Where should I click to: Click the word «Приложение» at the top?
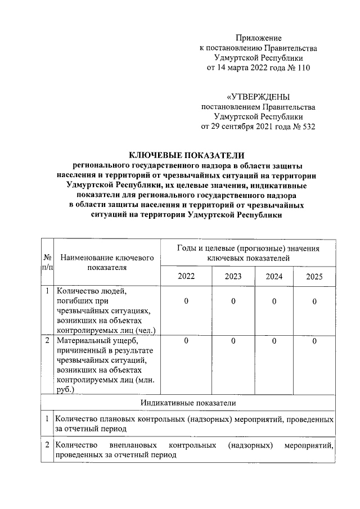click(258, 38)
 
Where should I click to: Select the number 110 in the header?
click(301, 68)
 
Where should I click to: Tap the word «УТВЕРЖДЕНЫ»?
click(258, 96)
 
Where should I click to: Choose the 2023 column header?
click(233, 276)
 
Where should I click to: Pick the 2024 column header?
click(274, 276)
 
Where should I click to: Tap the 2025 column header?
click(314, 276)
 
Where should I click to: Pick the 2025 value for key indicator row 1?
click(314, 302)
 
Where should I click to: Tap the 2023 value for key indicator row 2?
click(233, 341)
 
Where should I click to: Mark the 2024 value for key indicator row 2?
click(274, 341)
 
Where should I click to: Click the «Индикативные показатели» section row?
click(188, 403)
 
